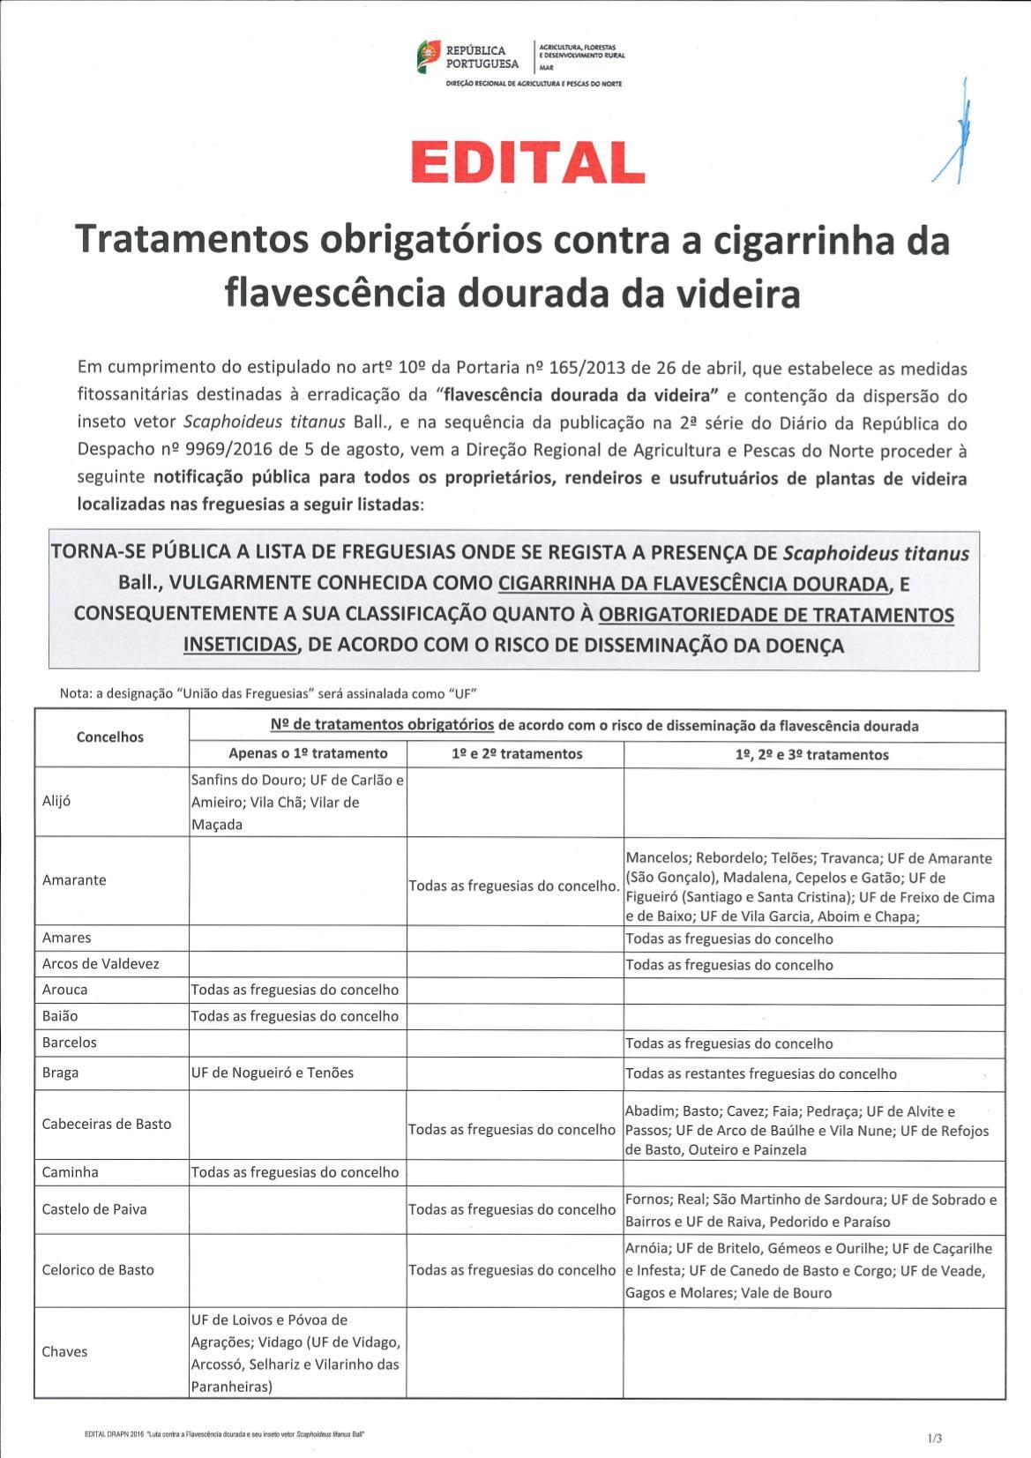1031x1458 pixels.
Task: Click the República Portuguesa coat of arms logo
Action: (428, 56)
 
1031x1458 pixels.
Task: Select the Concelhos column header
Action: (110, 737)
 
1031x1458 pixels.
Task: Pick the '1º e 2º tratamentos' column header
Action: (515, 754)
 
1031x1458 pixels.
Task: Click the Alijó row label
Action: (56, 802)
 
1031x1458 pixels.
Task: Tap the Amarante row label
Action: (74, 880)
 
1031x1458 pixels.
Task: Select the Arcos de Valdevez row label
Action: (101, 964)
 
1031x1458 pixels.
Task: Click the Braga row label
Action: (60, 1073)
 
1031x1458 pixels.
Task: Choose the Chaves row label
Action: (64, 1352)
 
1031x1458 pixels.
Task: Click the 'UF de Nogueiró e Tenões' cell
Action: (272, 1073)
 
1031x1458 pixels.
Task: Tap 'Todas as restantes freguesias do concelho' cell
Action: (761, 1073)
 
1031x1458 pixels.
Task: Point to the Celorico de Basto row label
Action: (98, 1270)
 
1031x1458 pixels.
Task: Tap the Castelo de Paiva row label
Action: (94, 1209)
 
